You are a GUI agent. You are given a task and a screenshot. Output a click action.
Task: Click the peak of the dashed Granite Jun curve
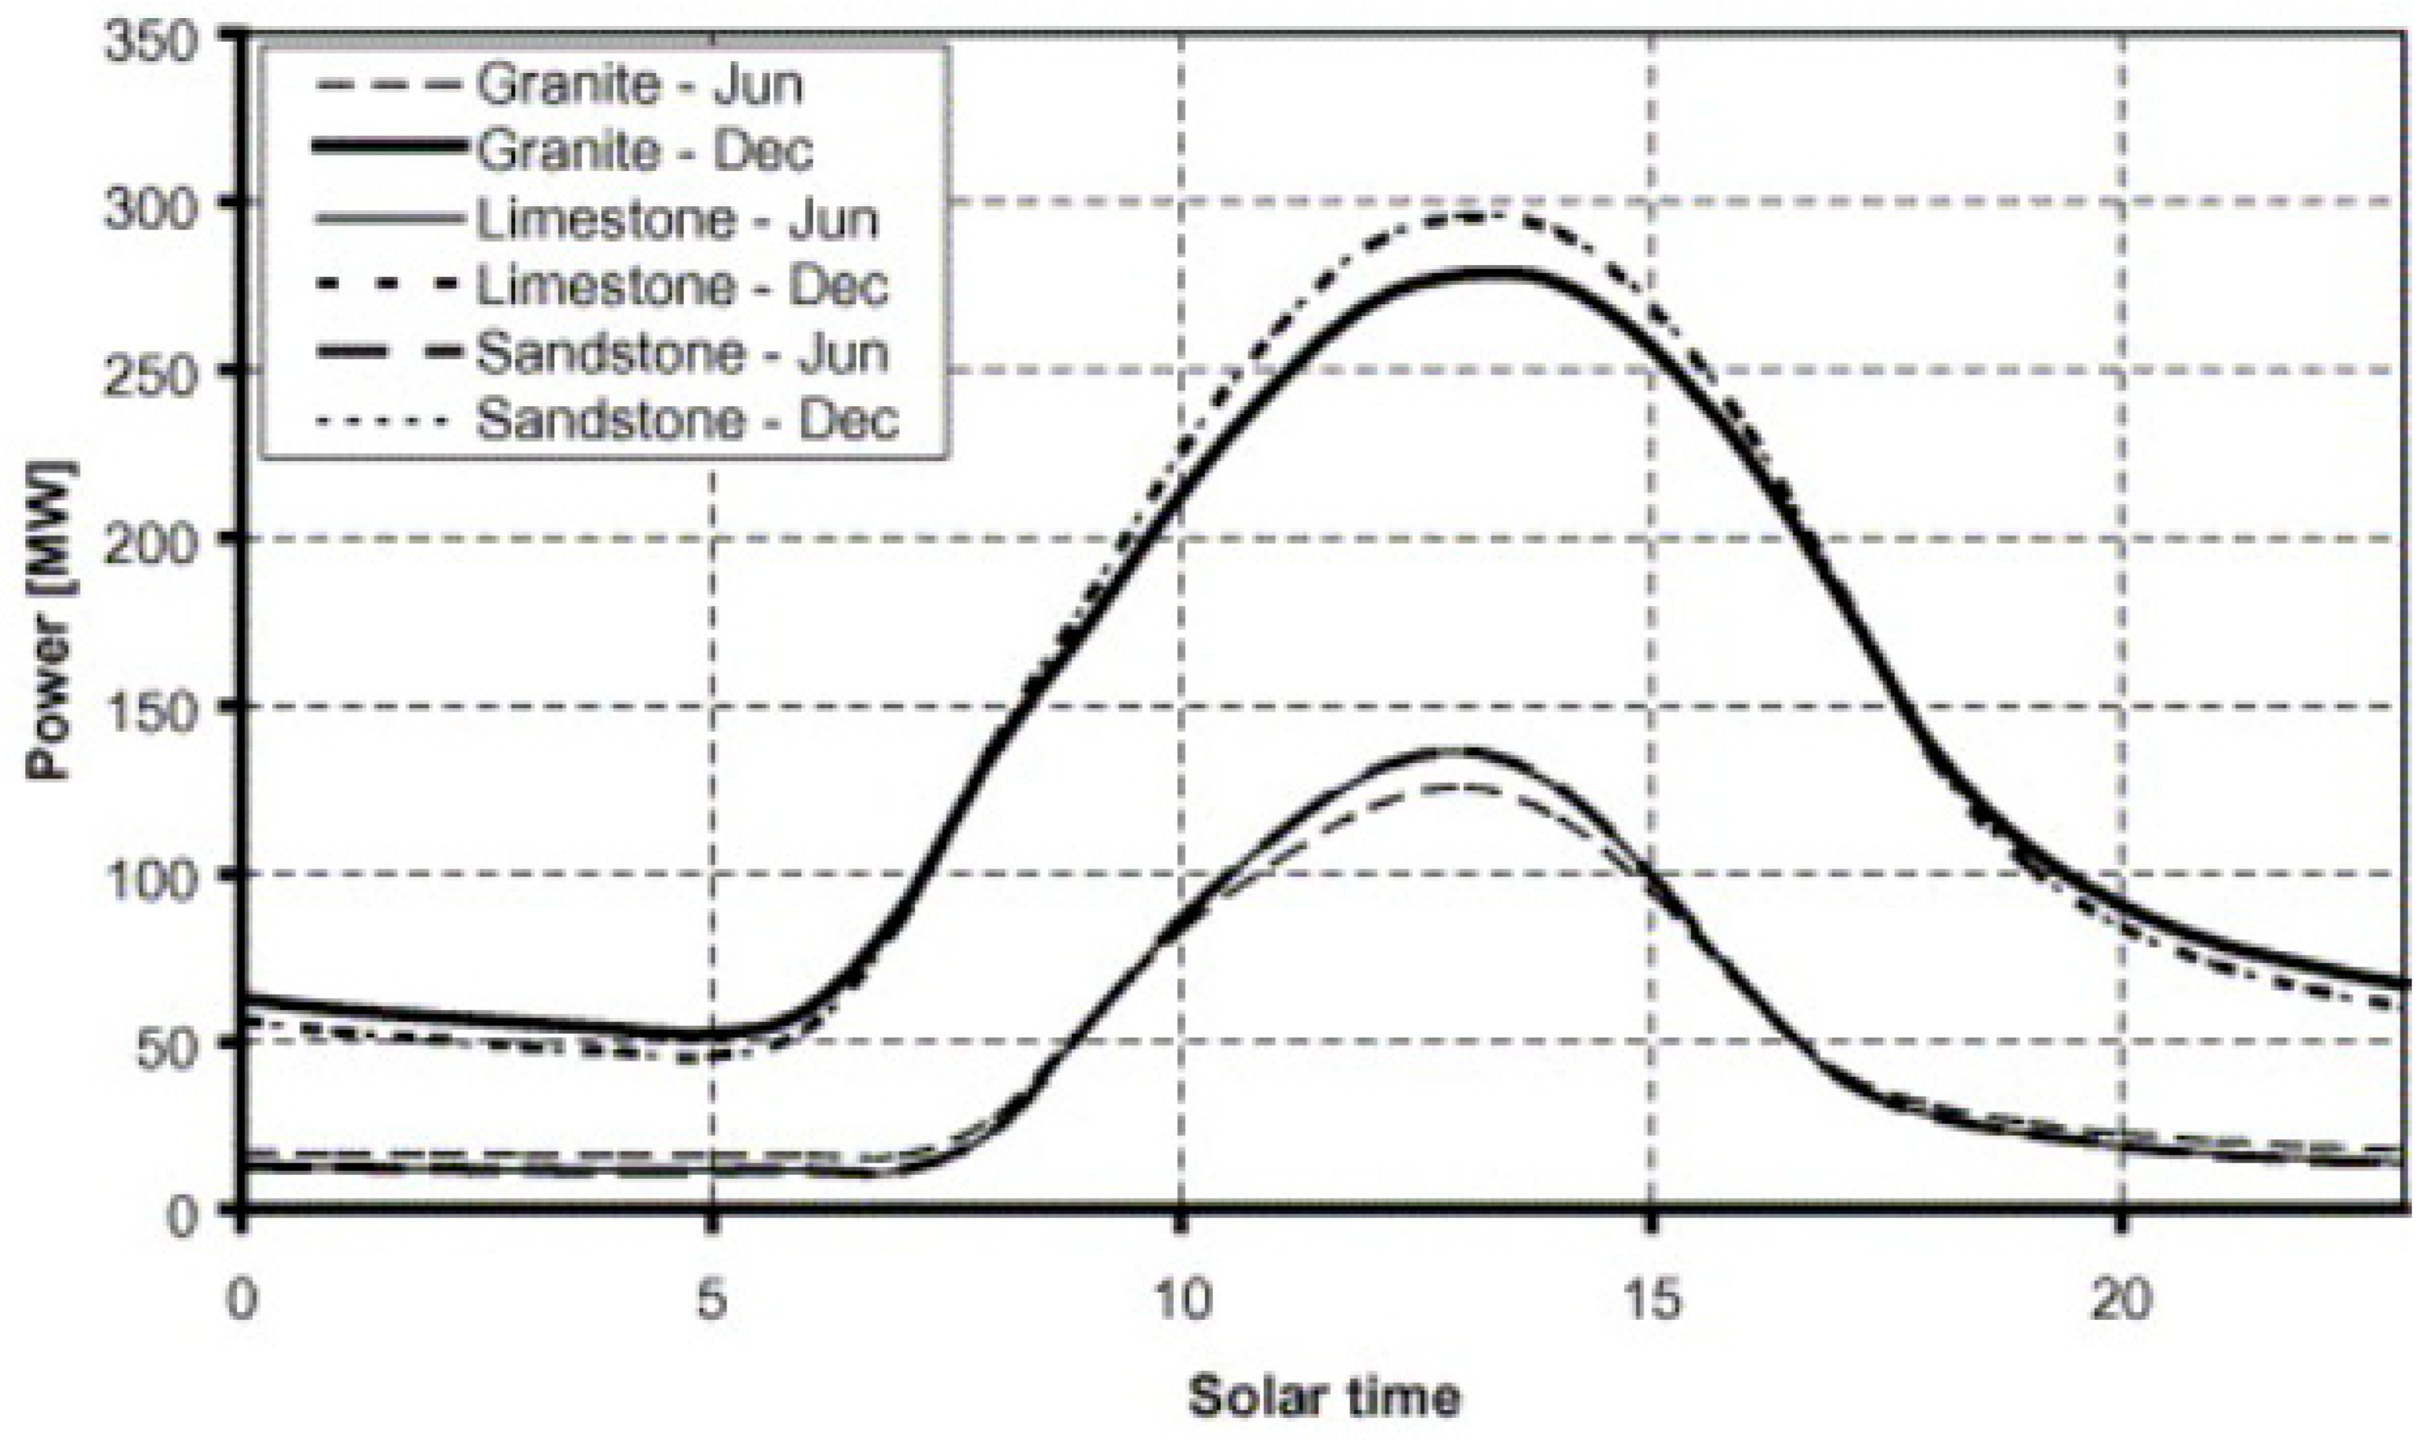point(1455,787)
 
